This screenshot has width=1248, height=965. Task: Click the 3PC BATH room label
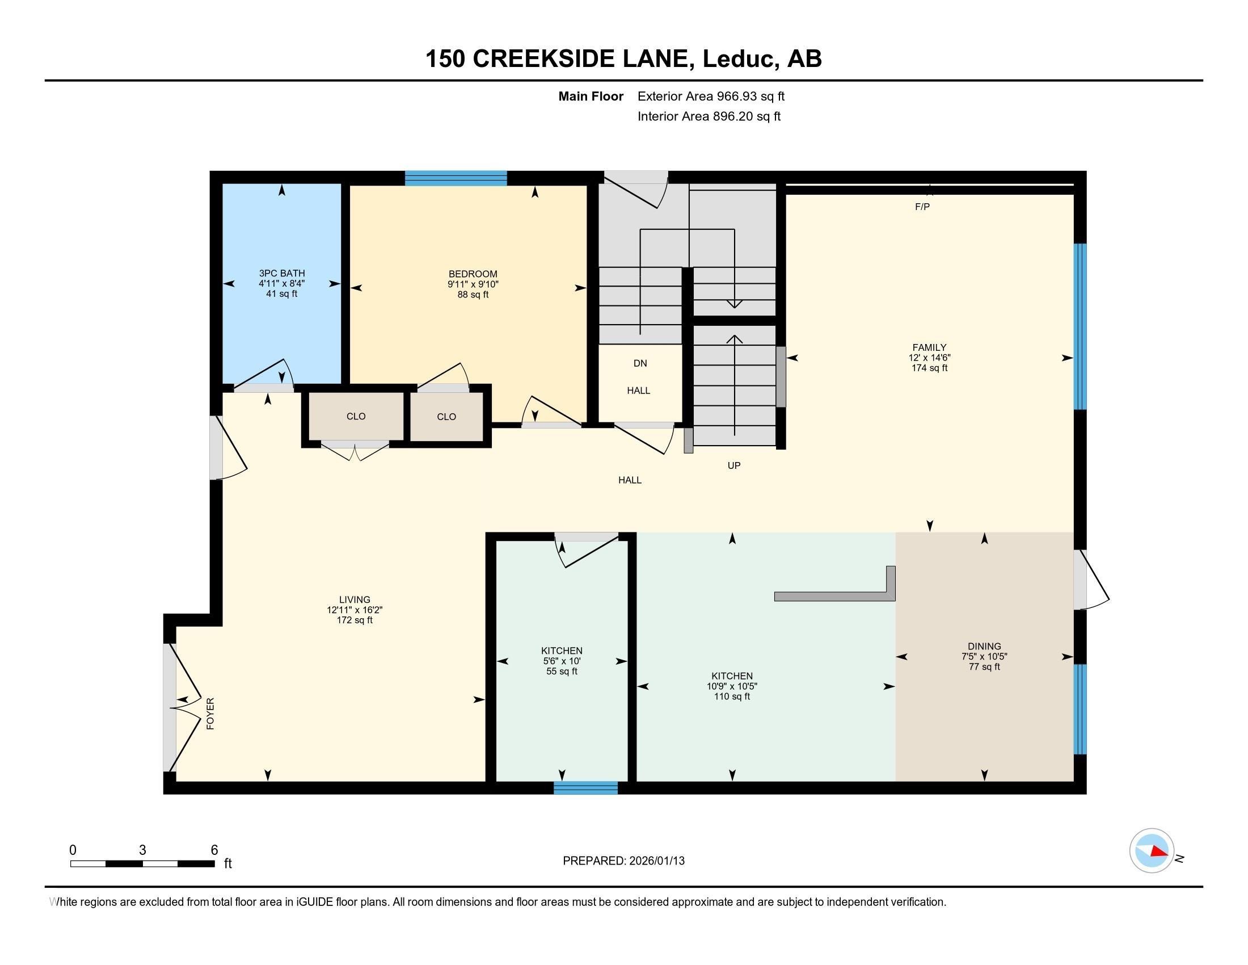[282, 273]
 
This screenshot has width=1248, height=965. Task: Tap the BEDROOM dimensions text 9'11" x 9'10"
[473, 284]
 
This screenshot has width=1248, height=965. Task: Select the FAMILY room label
[929, 347]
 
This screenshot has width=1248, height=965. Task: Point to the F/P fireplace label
[922, 207]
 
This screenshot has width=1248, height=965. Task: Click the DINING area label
[984, 647]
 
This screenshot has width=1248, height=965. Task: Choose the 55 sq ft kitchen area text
[562, 671]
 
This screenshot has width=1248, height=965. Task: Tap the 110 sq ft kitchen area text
[731, 697]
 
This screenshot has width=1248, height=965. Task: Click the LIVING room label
[355, 599]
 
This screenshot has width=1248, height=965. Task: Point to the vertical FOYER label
[210, 713]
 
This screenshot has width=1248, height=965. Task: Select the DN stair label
[640, 363]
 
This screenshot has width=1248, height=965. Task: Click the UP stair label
[733, 465]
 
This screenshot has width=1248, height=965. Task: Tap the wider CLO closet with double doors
[356, 416]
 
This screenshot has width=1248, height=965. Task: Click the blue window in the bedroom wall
[456, 178]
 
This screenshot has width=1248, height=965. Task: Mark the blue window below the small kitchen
[586, 788]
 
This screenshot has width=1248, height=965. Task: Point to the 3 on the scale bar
[142, 850]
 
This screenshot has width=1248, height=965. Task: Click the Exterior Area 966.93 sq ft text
[711, 96]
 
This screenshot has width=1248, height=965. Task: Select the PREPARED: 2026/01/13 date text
[623, 861]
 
